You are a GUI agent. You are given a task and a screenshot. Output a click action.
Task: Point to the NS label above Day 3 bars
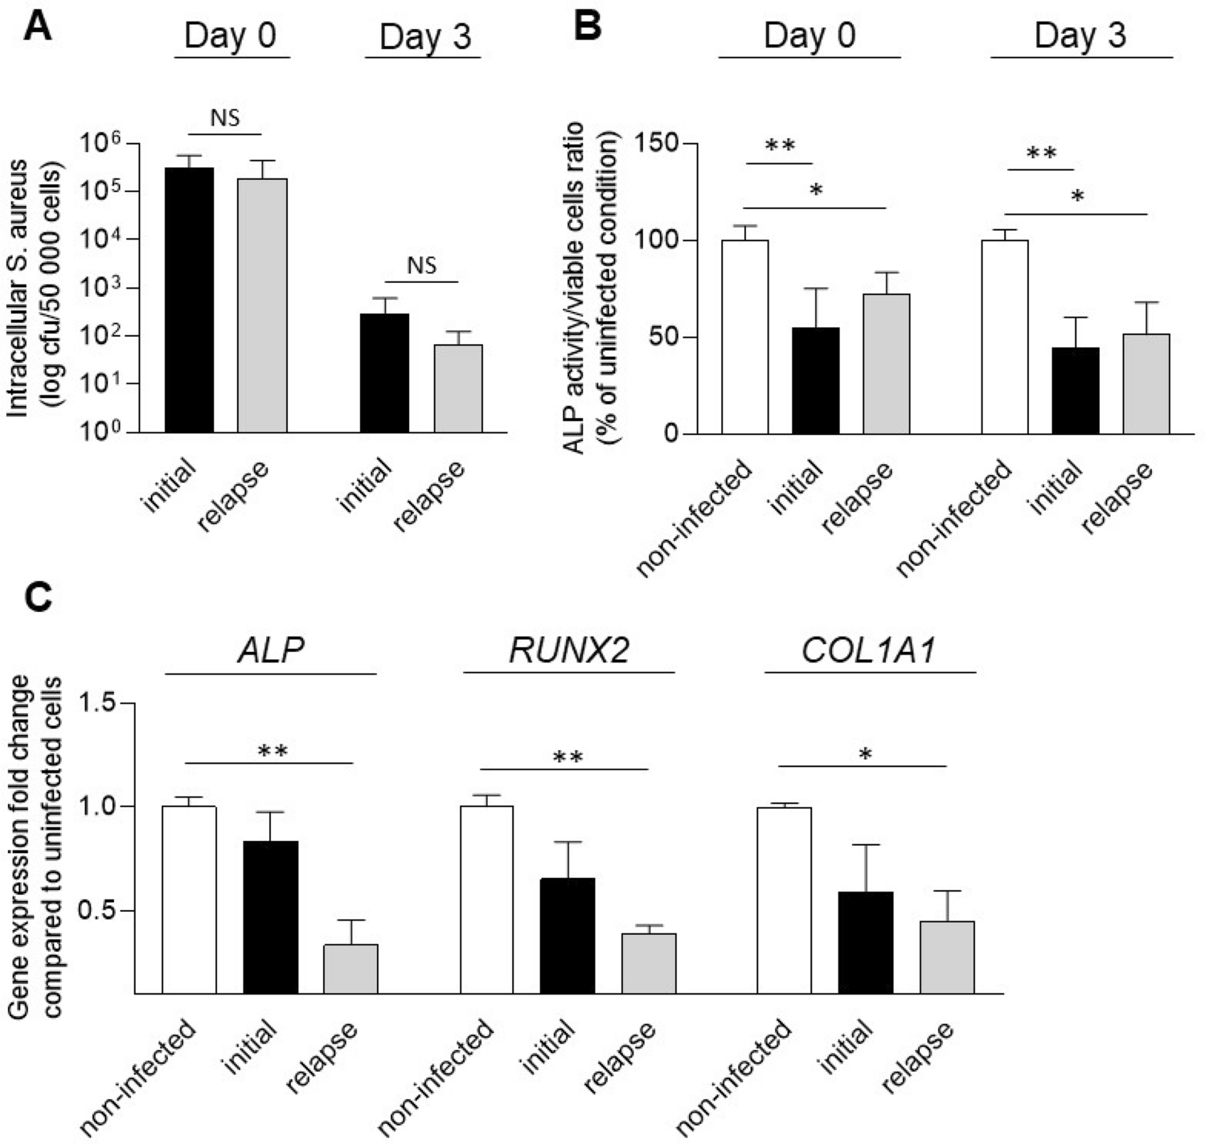[421, 265]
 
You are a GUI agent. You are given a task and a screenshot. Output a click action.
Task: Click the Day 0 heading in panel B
[809, 36]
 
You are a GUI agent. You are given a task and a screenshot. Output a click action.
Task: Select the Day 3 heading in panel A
[424, 37]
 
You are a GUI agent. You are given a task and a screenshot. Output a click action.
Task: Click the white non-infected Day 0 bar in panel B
[744, 337]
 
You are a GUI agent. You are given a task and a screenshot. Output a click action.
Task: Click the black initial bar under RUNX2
[568, 936]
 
